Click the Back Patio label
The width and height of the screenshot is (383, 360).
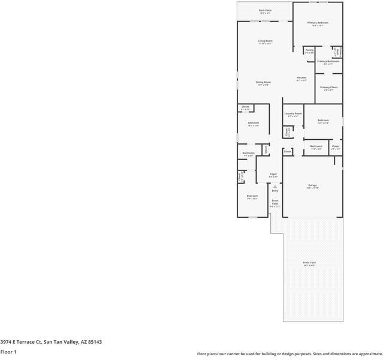pos(264,10)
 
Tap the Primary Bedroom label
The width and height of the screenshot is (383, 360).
pos(318,23)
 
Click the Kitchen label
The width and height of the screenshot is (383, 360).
pos(301,78)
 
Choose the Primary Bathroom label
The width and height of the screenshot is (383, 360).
pos(328,61)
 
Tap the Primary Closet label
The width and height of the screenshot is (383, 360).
pos(328,88)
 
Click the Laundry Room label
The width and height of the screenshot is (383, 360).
pos(293,113)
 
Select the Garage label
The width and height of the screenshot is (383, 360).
pos(312,185)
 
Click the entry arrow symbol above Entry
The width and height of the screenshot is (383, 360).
pos(275,186)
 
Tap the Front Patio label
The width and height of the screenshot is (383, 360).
pos(275,202)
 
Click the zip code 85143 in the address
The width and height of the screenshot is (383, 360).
pos(94,342)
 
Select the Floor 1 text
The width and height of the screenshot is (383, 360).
pos(8,352)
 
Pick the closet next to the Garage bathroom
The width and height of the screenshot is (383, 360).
pos(336,146)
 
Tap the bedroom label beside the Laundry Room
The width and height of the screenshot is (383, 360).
pos(323,121)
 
